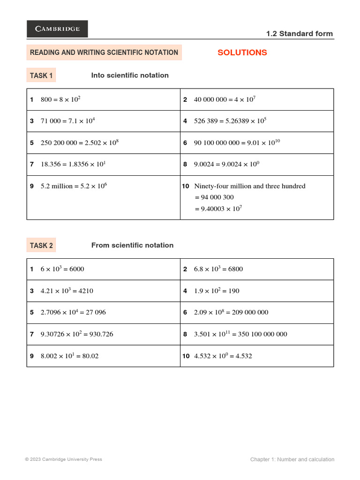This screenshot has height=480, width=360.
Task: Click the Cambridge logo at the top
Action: point(57,29)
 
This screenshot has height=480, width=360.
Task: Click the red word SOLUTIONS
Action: point(242,52)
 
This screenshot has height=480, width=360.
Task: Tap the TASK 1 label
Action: point(41,75)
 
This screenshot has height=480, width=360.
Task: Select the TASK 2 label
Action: point(41,246)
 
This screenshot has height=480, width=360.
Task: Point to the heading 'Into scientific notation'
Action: point(130,75)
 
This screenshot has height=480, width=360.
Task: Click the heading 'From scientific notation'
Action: point(132,246)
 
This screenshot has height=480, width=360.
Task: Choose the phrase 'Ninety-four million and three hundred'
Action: point(249,186)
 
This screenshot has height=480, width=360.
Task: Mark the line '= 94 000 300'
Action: point(214,197)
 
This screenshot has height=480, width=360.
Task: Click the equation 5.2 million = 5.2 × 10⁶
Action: point(74,186)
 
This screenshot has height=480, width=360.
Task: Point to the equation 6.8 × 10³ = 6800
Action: point(218,269)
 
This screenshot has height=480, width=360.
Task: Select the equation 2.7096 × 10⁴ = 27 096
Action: point(76,312)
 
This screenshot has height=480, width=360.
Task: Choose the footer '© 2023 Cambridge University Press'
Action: point(63,459)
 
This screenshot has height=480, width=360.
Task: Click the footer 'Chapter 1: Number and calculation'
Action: point(292,459)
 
